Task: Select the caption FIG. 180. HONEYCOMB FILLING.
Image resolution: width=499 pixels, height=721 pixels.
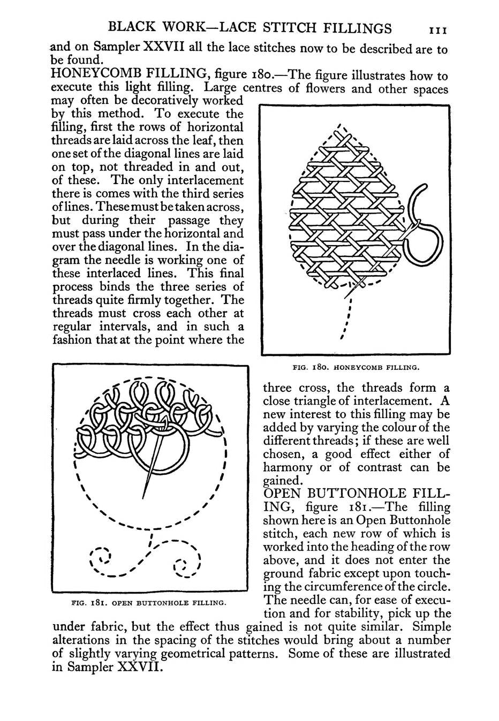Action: pos(356,368)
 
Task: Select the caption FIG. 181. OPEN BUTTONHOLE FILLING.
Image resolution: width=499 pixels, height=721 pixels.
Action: pos(148,603)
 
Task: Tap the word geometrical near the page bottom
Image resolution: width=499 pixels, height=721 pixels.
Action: pos(243,654)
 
